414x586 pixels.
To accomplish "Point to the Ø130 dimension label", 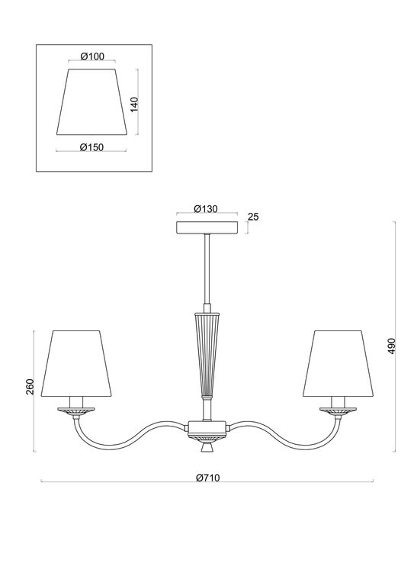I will (x=207, y=208).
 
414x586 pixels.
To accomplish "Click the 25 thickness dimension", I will (x=254, y=217).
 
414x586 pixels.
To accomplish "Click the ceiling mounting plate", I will (x=207, y=227).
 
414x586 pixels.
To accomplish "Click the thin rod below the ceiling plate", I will (x=207, y=271).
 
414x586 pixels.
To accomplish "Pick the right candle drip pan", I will (x=336, y=411).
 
